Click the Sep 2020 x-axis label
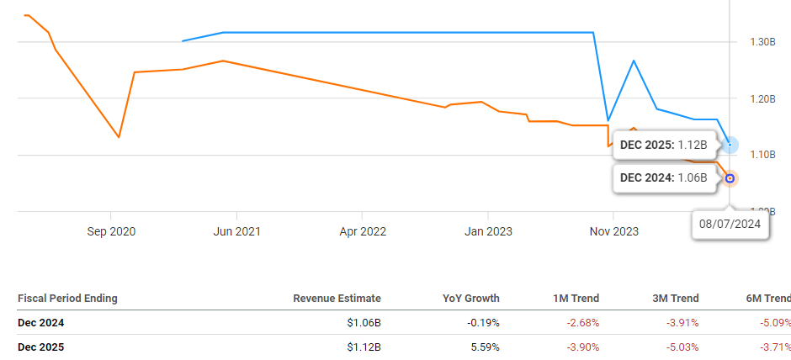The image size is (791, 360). click(x=110, y=231)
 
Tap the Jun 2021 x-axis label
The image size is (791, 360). click(x=236, y=231)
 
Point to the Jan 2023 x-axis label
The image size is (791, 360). click(x=487, y=231)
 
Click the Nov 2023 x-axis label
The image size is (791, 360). click(x=613, y=231)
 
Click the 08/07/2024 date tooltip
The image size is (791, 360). click(x=730, y=225)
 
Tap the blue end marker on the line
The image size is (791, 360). click(x=730, y=146)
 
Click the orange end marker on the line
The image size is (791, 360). click(x=730, y=178)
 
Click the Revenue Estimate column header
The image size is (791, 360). click(x=337, y=298)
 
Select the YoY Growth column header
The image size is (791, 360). click(x=470, y=298)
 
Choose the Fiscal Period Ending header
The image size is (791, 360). click(x=67, y=298)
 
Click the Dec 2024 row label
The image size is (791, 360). click(x=40, y=322)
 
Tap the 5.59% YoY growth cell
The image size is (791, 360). click(x=480, y=347)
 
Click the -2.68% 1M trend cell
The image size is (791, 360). click(x=581, y=322)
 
